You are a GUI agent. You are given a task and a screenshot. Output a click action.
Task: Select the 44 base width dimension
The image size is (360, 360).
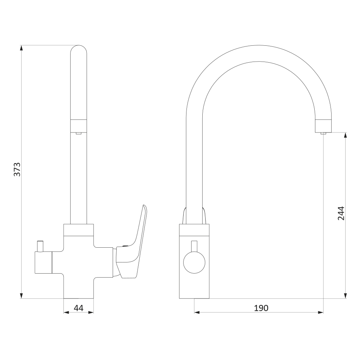[x=78, y=308]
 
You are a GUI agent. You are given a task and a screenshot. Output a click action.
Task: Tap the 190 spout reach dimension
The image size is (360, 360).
[x=261, y=308]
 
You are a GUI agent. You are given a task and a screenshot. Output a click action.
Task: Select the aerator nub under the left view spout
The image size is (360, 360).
[x=78, y=133]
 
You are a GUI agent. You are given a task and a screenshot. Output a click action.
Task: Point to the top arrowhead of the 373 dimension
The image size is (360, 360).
[x=22, y=48]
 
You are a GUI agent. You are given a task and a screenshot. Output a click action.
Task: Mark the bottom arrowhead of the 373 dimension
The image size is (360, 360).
[x=22, y=296]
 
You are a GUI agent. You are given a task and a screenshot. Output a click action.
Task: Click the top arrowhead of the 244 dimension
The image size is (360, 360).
[x=346, y=135]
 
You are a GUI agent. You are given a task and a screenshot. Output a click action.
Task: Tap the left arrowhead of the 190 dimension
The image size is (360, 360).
[x=197, y=312]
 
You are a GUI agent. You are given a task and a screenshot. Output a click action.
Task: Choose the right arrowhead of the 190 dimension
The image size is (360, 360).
[x=321, y=312]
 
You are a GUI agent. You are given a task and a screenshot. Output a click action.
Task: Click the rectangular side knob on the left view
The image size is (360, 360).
[x=43, y=262]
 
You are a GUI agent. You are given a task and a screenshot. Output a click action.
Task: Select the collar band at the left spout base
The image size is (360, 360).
[x=78, y=230]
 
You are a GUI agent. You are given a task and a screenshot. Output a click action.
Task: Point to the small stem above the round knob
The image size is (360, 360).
[x=194, y=246]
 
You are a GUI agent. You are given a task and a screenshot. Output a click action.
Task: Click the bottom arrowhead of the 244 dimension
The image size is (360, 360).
[x=346, y=296]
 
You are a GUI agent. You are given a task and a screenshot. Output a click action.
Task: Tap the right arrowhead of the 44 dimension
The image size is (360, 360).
[x=91, y=312]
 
